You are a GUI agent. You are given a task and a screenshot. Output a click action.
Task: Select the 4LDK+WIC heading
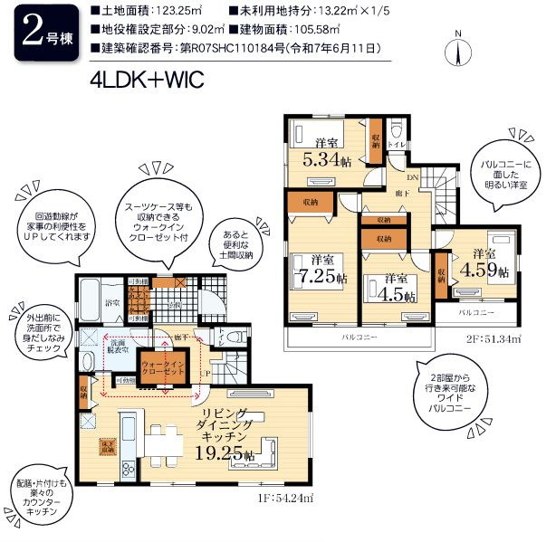[x=145, y=79]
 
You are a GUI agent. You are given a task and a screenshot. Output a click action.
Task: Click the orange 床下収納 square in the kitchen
[x=109, y=446]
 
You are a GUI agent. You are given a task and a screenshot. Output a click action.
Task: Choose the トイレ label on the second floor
[x=396, y=143]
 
